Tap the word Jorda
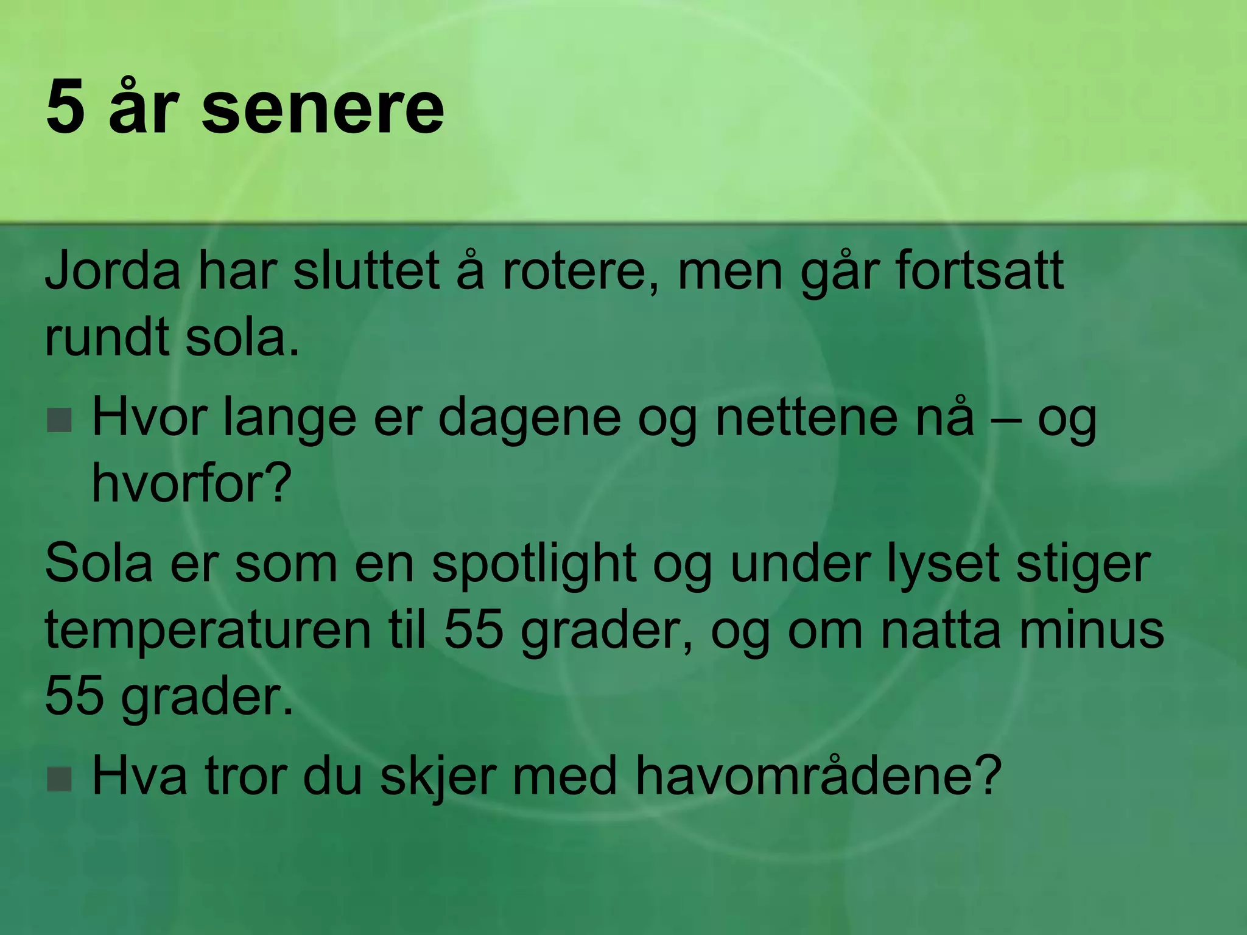[x=113, y=270]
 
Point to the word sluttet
[x=366, y=270]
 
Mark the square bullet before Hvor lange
[x=60, y=420]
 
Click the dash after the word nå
[x=1005, y=420]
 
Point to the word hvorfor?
[x=192, y=483]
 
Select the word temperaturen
[x=208, y=629]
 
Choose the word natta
[x=940, y=629]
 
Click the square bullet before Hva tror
[x=60, y=779]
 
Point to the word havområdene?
[x=818, y=776]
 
